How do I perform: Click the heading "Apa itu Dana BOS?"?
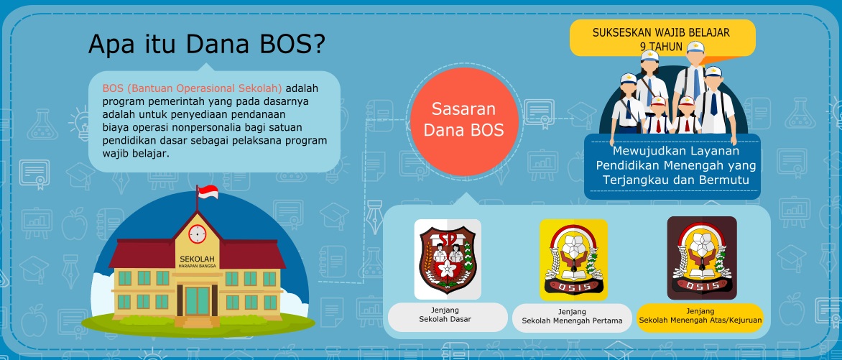point(206,45)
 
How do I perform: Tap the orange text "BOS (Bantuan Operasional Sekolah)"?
point(192,88)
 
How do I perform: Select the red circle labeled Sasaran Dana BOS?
point(463,120)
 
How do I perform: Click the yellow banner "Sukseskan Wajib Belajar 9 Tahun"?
point(661,37)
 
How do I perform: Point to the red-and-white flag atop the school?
point(208,193)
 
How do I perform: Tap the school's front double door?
point(197,300)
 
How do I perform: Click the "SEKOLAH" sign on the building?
point(197,259)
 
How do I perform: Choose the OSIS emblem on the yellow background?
point(573,259)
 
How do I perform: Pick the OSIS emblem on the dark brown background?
point(701,258)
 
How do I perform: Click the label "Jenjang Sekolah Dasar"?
point(448,317)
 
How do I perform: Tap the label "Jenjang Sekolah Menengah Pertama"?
point(572,318)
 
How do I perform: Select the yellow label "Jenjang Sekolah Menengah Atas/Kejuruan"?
point(700,317)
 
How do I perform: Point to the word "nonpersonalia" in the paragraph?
point(218,126)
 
